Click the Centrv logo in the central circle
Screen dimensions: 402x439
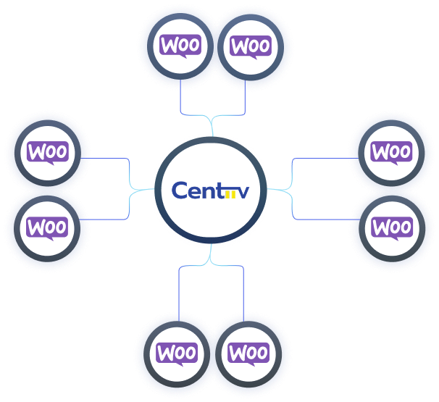[x=211, y=190]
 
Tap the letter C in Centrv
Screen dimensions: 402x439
[x=180, y=190]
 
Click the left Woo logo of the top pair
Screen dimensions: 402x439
[x=179, y=46]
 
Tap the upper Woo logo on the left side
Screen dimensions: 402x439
[x=47, y=153]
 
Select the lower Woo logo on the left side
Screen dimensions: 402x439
[x=47, y=227]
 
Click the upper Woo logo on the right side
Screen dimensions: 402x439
[x=391, y=153]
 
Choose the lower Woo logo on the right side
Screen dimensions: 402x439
[x=391, y=227]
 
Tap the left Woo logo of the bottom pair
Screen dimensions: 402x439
[x=177, y=353]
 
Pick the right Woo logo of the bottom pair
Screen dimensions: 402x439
[x=248, y=353]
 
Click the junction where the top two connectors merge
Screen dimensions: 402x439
[x=212, y=116]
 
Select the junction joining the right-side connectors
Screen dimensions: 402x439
[x=291, y=190]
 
